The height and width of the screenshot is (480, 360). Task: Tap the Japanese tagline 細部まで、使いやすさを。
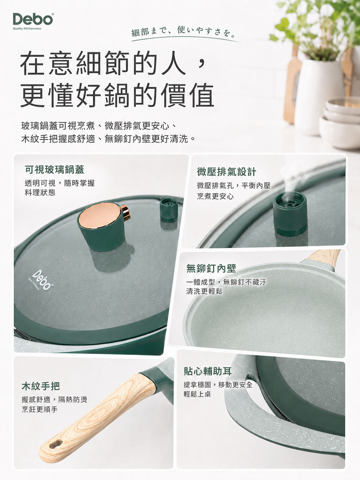click(x=183, y=32)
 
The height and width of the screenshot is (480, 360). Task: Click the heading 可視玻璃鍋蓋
click(x=54, y=170)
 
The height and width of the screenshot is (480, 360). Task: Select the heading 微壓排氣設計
click(x=226, y=172)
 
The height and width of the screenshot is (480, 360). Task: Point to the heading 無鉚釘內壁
click(x=211, y=268)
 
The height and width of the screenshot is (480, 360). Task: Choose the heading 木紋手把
click(x=41, y=386)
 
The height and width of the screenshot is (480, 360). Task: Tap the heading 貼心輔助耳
click(x=208, y=371)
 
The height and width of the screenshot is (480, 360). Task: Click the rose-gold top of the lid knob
click(x=99, y=215)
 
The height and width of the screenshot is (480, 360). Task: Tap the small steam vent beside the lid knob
click(x=168, y=210)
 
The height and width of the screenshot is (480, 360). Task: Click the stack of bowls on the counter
click(x=340, y=122)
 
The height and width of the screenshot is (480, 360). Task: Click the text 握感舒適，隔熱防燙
click(x=54, y=400)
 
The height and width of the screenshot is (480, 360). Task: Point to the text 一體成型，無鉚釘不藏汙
click(x=226, y=282)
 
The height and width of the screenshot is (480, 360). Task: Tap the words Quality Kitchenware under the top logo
click(x=27, y=29)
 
